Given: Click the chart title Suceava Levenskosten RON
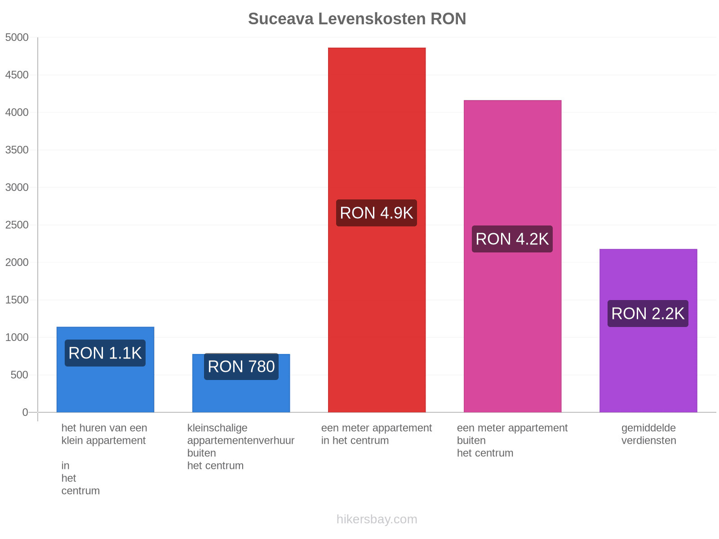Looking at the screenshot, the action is tap(357, 19).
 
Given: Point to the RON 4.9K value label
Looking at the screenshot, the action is tap(377, 213).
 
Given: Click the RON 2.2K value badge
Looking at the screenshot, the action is tap(648, 314).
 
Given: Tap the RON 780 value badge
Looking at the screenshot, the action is tap(241, 367).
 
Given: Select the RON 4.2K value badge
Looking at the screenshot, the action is tap(512, 239).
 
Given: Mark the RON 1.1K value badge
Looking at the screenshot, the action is tap(105, 353).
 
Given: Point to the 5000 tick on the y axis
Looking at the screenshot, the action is tap(17, 37).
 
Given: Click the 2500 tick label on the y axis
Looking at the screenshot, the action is tap(17, 225).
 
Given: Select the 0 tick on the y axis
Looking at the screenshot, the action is tap(25, 412).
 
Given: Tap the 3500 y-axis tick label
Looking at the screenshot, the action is tap(17, 150).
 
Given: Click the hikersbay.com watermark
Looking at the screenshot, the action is tap(377, 519).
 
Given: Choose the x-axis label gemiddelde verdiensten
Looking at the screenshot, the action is tap(648, 434).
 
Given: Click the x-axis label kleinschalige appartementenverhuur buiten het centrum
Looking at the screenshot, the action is tap(241, 447).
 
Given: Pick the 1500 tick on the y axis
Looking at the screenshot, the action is tap(17, 300).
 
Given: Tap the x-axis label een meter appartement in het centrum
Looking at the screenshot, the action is tap(377, 434).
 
